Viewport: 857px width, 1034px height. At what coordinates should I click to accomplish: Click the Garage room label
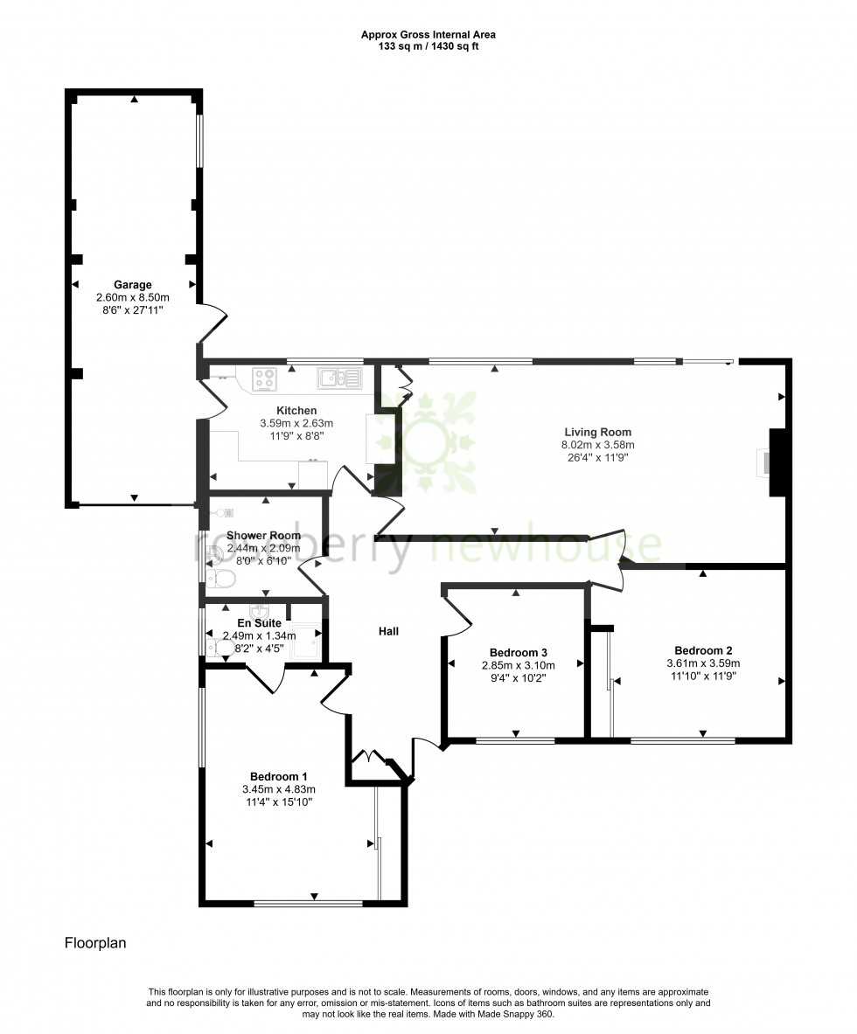point(133,285)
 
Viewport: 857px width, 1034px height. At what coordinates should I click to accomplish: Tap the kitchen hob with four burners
point(265,378)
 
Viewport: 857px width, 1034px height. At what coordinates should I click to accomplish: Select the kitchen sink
point(338,378)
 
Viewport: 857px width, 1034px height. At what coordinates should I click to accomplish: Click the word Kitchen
point(296,411)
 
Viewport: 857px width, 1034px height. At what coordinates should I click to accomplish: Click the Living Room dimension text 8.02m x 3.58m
point(597,445)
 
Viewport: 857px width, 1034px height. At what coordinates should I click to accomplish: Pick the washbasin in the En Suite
point(260,609)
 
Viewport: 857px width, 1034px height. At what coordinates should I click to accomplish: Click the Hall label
point(389,631)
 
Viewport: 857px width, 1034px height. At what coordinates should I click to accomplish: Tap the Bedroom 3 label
point(518,653)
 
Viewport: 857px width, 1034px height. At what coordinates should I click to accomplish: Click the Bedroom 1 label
point(278,776)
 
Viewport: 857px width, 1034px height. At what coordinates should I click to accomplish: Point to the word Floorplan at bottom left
point(96,943)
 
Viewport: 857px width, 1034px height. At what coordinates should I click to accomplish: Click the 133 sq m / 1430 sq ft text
point(428,46)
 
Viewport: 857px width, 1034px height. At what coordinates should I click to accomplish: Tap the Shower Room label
point(263,536)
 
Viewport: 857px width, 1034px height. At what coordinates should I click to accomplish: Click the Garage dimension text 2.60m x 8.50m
point(133,297)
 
